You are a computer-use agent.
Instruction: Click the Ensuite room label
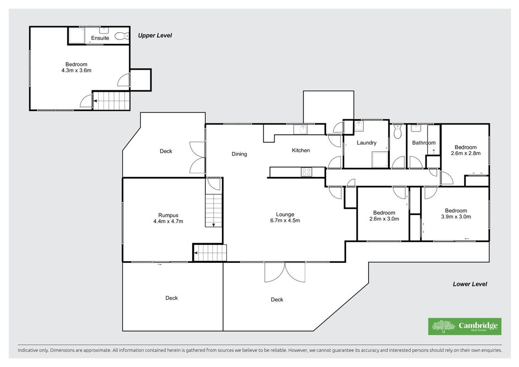click(x=100, y=38)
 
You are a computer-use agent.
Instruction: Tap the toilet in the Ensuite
click(x=121, y=36)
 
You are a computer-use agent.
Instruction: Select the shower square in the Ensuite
click(x=77, y=35)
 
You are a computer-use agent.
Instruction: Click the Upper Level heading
click(x=155, y=35)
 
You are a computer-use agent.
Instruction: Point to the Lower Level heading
click(x=470, y=284)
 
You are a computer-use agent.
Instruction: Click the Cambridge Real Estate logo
click(x=465, y=326)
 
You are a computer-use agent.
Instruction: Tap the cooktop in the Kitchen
click(x=306, y=172)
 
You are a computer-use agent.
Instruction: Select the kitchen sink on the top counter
click(x=302, y=129)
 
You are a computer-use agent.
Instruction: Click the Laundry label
click(x=366, y=143)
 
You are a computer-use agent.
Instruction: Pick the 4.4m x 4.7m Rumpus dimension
click(x=168, y=221)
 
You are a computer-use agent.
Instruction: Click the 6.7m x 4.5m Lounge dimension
click(x=285, y=221)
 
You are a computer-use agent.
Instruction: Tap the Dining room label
click(x=239, y=154)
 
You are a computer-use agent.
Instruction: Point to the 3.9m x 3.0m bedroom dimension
click(x=456, y=217)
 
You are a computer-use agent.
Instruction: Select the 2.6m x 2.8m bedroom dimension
click(x=466, y=153)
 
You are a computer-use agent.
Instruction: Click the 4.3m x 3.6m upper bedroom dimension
click(x=77, y=70)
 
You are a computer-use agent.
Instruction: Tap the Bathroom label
click(x=424, y=143)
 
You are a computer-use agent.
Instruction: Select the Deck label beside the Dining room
click(x=166, y=151)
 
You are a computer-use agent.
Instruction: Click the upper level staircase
click(x=111, y=100)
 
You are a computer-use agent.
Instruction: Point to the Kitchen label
click(x=301, y=150)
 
